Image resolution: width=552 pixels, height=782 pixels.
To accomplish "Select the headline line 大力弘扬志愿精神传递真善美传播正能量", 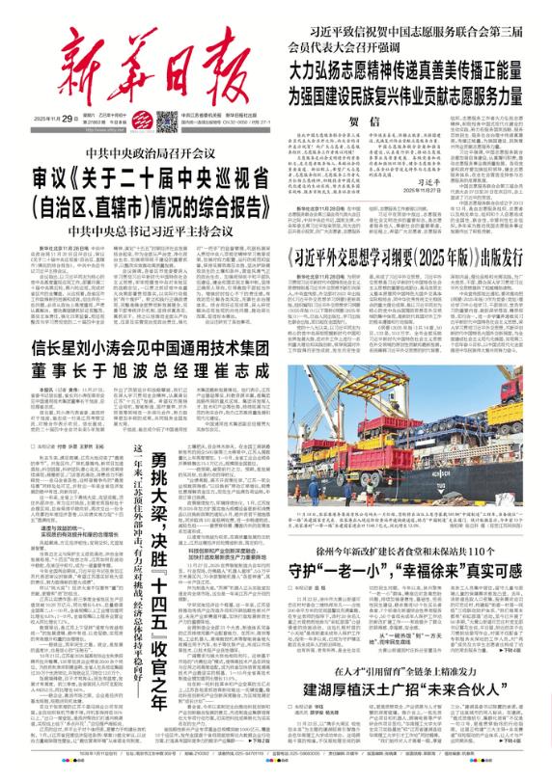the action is click(415, 69).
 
